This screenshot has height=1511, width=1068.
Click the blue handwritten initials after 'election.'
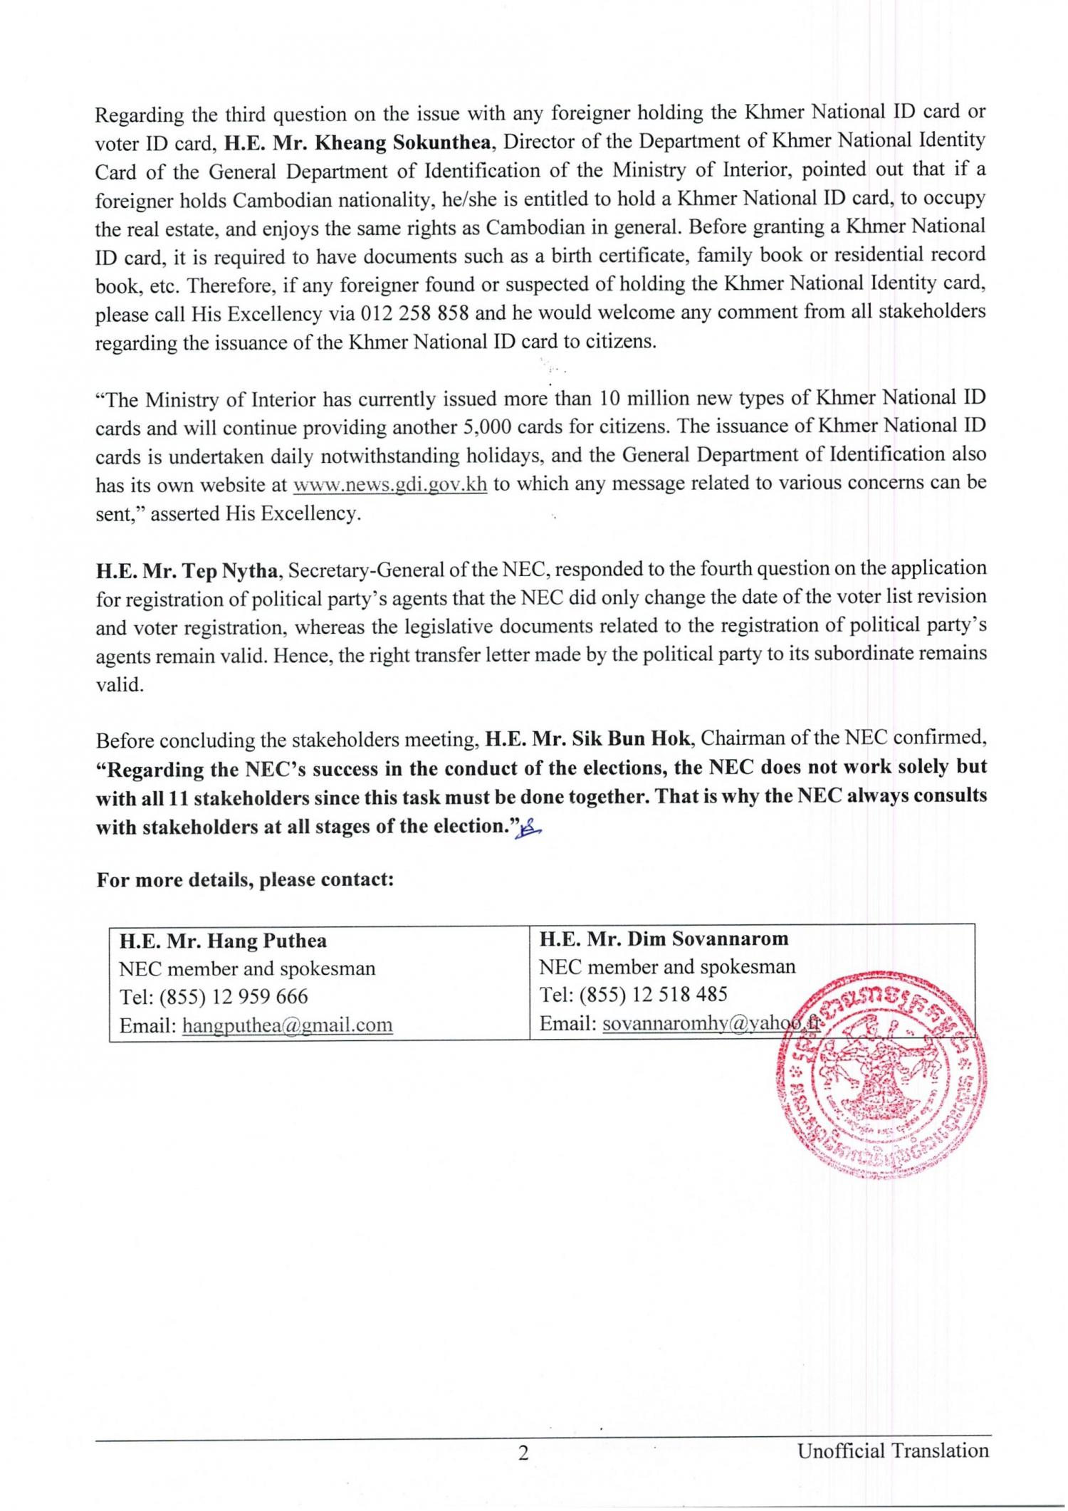pyautogui.click(x=530, y=827)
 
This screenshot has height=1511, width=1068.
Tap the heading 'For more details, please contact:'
pyautogui.click(x=245, y=879)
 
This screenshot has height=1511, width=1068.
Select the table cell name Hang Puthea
pyautogui.click(x=224, y=941)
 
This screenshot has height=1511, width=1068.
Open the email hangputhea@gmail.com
pyautogui.click(x=288, y=1025)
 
